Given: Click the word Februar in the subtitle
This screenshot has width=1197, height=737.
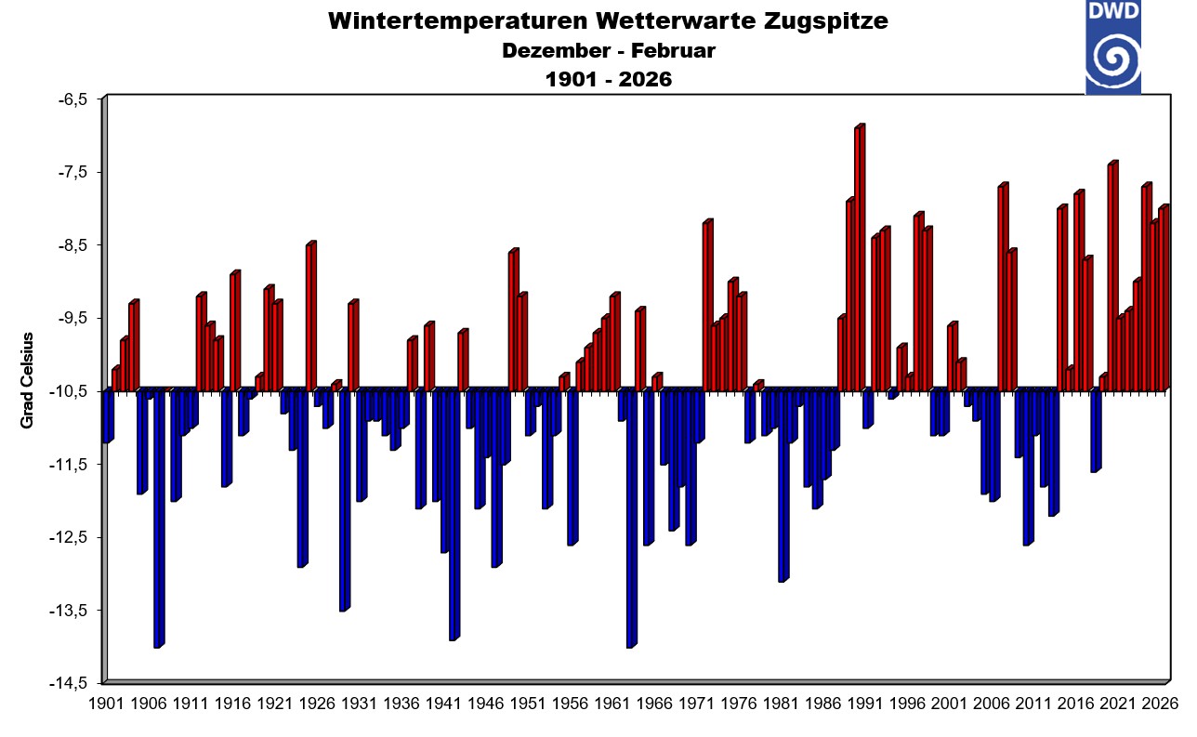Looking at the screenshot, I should pos(677,51).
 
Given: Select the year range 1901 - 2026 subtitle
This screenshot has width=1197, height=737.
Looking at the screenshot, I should pos(608,80).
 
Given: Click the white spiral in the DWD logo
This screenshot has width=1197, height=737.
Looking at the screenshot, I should pos(1112,61).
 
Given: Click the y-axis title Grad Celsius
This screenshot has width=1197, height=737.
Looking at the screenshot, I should pos(27,380).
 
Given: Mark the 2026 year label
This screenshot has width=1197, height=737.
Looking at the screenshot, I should pos(1159,704).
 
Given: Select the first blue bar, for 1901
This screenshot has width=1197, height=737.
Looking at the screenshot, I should pos(107,416).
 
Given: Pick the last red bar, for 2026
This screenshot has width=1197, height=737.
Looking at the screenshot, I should pos(1163,298).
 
